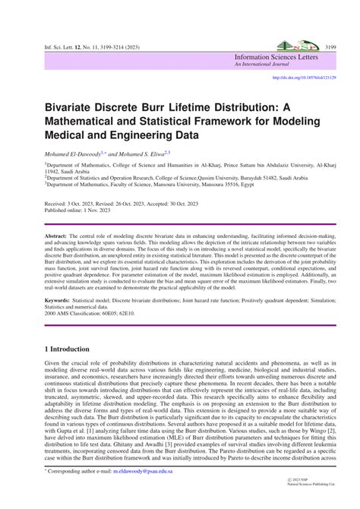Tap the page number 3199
pyautogui.click(x=330, y=47)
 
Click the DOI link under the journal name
pyautogui.click(x=304, y=77)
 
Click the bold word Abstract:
pyautogui.click(x=57, y=238)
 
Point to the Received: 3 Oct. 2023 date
pyautogui.click(x=71, y=205)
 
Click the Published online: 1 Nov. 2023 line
pyautogui.click(x=78, y=212)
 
